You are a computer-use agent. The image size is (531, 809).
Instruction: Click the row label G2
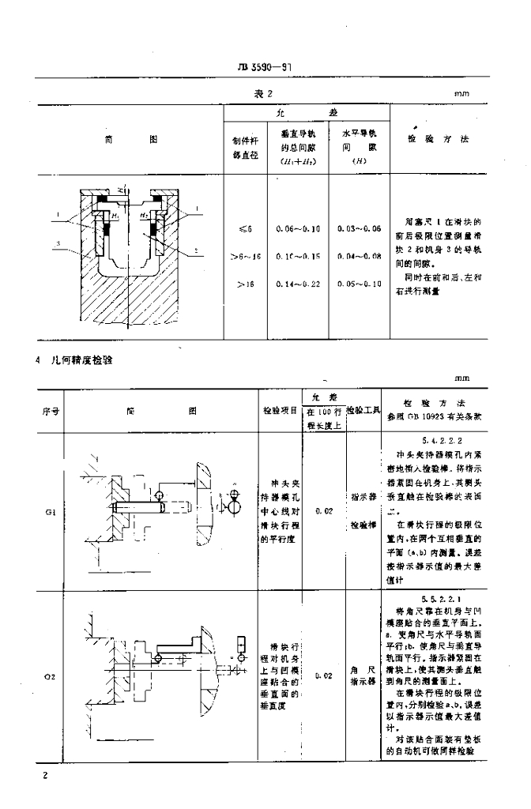(50, 676)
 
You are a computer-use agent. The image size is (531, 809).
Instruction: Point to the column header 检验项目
(280, 411)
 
